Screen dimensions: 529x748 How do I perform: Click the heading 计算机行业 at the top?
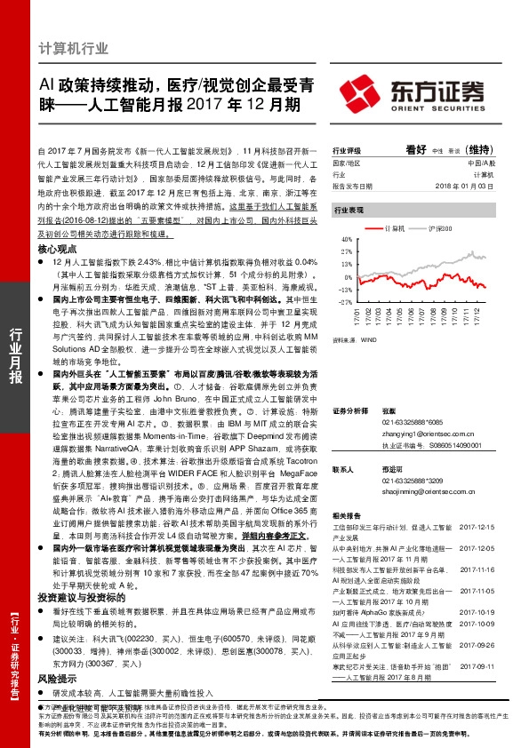78,48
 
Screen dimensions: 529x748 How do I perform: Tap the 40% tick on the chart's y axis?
347,240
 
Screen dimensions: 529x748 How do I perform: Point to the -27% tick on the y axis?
346,302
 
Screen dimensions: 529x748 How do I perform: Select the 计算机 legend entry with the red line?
388,229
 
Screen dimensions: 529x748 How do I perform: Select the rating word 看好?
417,149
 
